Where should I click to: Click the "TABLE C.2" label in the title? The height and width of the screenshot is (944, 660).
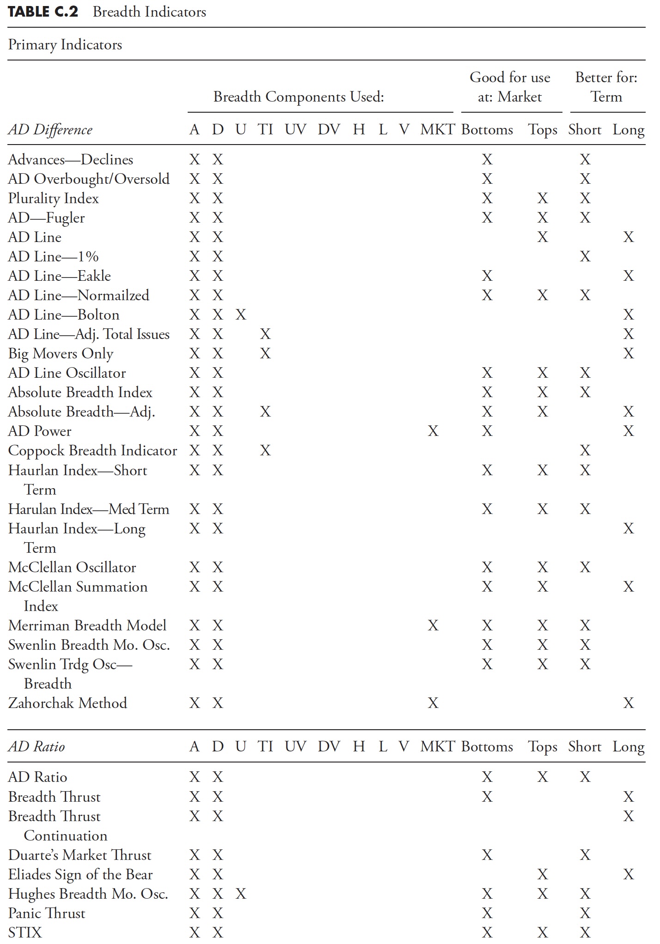[x=43, y=12]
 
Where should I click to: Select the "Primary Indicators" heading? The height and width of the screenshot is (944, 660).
[x=65, y=45]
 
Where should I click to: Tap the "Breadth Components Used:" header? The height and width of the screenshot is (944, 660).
[x=299, y=97]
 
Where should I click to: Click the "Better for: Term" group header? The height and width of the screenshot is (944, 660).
[x=606, y=87]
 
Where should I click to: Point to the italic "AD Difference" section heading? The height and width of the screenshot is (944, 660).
[x=50, y=130]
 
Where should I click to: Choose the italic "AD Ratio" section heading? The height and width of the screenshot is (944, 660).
[x=37, y=747]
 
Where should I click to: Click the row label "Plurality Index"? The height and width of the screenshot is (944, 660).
[x=54, y=199]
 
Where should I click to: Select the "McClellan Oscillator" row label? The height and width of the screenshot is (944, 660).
[x=72, y=567]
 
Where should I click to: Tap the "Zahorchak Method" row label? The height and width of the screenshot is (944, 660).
[x=67, y=703]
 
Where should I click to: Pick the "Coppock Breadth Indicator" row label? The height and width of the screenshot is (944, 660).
[x=92, y=450]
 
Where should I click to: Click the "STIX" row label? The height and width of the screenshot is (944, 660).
[x=25, y=932]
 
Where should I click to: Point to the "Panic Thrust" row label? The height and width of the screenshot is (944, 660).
[x=47, y=913]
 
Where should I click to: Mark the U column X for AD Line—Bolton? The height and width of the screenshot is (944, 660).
[x=241, y=315]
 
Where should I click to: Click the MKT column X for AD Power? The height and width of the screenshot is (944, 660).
[x=433, y=431]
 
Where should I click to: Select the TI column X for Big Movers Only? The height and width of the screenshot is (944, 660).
[x=265, y=354]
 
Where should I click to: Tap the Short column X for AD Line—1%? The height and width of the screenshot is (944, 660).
[x=585, y=257]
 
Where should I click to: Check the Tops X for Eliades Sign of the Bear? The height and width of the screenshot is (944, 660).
[x=543, y=874]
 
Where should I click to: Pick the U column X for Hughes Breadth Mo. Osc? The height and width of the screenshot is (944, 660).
[x=241, y=894]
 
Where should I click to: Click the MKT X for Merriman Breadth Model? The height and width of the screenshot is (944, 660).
[x=433, y=625]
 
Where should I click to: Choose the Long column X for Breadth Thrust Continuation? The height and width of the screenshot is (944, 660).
[x=629, y=817]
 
